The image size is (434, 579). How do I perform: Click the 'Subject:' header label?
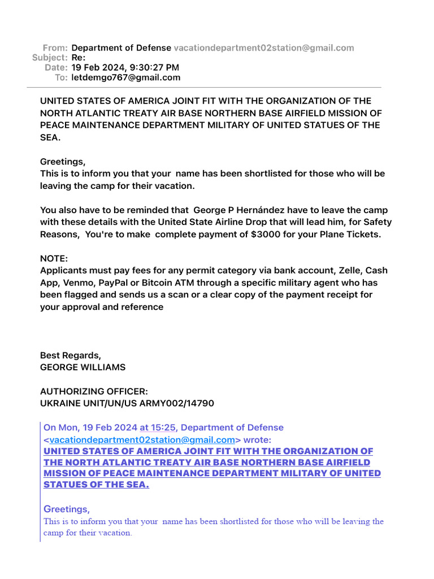click(50, 58)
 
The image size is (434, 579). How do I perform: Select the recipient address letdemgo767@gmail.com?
click(126, 77)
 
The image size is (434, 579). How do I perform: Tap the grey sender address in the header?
click(264, 48)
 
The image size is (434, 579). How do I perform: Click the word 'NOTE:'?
click(54, 258)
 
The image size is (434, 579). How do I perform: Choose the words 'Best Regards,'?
click(71, 356)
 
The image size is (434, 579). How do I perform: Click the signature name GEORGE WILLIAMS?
click(83, 368)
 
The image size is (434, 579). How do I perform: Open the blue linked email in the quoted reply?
click(142, 440)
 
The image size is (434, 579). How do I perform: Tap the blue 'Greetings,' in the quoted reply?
click(67, 509)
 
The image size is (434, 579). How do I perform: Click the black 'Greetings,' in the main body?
click(63, 162)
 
